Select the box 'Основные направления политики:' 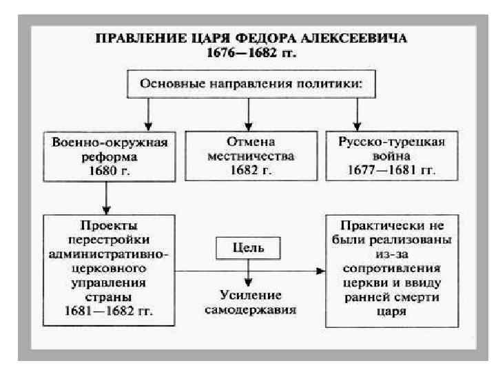click(x=251, y=84)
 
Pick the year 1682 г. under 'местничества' click(x=251, y=169)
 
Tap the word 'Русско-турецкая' click(x=391, y=142)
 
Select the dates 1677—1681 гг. click(x=391, y=169)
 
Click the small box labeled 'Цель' click(x=249, y=246)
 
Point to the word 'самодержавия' click(x=249, y=309)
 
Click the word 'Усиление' click(x=249, y=296)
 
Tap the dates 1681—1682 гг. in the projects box click(x=109, y=310)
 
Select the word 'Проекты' click(x=109, y=225)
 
